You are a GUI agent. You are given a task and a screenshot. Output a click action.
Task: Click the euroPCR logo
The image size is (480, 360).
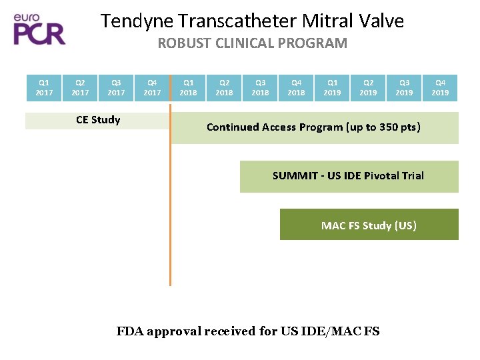[x=40, y=29]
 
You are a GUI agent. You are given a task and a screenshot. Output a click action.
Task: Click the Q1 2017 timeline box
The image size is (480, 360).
[x=43, y=88]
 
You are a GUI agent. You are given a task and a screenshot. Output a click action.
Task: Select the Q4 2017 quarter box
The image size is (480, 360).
[x=152, y=88]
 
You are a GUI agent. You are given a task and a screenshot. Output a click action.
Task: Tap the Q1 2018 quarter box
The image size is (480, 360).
[x=188, y=88]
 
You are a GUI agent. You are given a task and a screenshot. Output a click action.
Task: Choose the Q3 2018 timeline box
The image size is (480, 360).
[x=260, y=88]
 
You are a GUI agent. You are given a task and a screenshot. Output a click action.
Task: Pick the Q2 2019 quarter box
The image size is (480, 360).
[x=368, y=88]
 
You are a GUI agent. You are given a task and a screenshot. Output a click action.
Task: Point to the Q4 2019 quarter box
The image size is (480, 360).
[x=440, y=88]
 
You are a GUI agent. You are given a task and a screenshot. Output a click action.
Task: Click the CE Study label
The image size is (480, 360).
[x=98, y=120]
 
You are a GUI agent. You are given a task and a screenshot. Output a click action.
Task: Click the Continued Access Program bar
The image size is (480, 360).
[x=313, y=127]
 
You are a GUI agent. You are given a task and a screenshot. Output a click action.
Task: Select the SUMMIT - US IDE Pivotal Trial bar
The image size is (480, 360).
[x=348, y=176]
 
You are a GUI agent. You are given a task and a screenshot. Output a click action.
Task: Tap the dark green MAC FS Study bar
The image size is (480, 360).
[x=369, y=225]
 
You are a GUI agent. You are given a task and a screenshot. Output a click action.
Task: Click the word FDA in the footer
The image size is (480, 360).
[x=131, y=331]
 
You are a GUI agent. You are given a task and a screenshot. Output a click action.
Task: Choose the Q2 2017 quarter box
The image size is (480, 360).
[x=80, y=88]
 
